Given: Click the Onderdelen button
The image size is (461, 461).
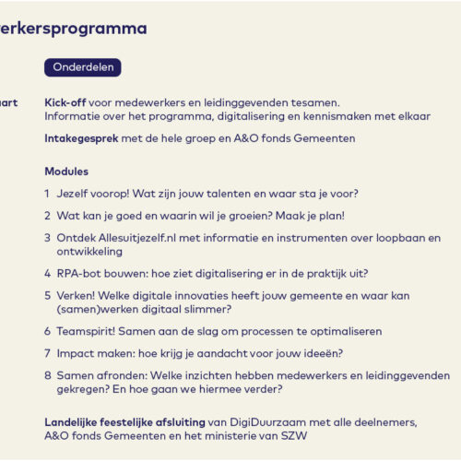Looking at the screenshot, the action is pyautogui.click(x=82, y=67).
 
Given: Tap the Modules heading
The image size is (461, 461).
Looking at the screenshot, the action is pyautogui.click(x=66, y=171).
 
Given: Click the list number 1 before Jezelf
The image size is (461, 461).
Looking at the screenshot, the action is pyautogui.click(x=47, y=194).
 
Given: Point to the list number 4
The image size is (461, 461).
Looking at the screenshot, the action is pyautogui.click(x=47, y=273).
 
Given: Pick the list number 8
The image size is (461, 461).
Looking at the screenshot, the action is pyautogui.click(x=47, y=375).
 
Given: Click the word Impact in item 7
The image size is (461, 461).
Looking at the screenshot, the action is pyautogui.click(x=77, y=353).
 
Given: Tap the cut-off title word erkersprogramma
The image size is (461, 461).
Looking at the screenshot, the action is pyautogui.click(x=74, y=29).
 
